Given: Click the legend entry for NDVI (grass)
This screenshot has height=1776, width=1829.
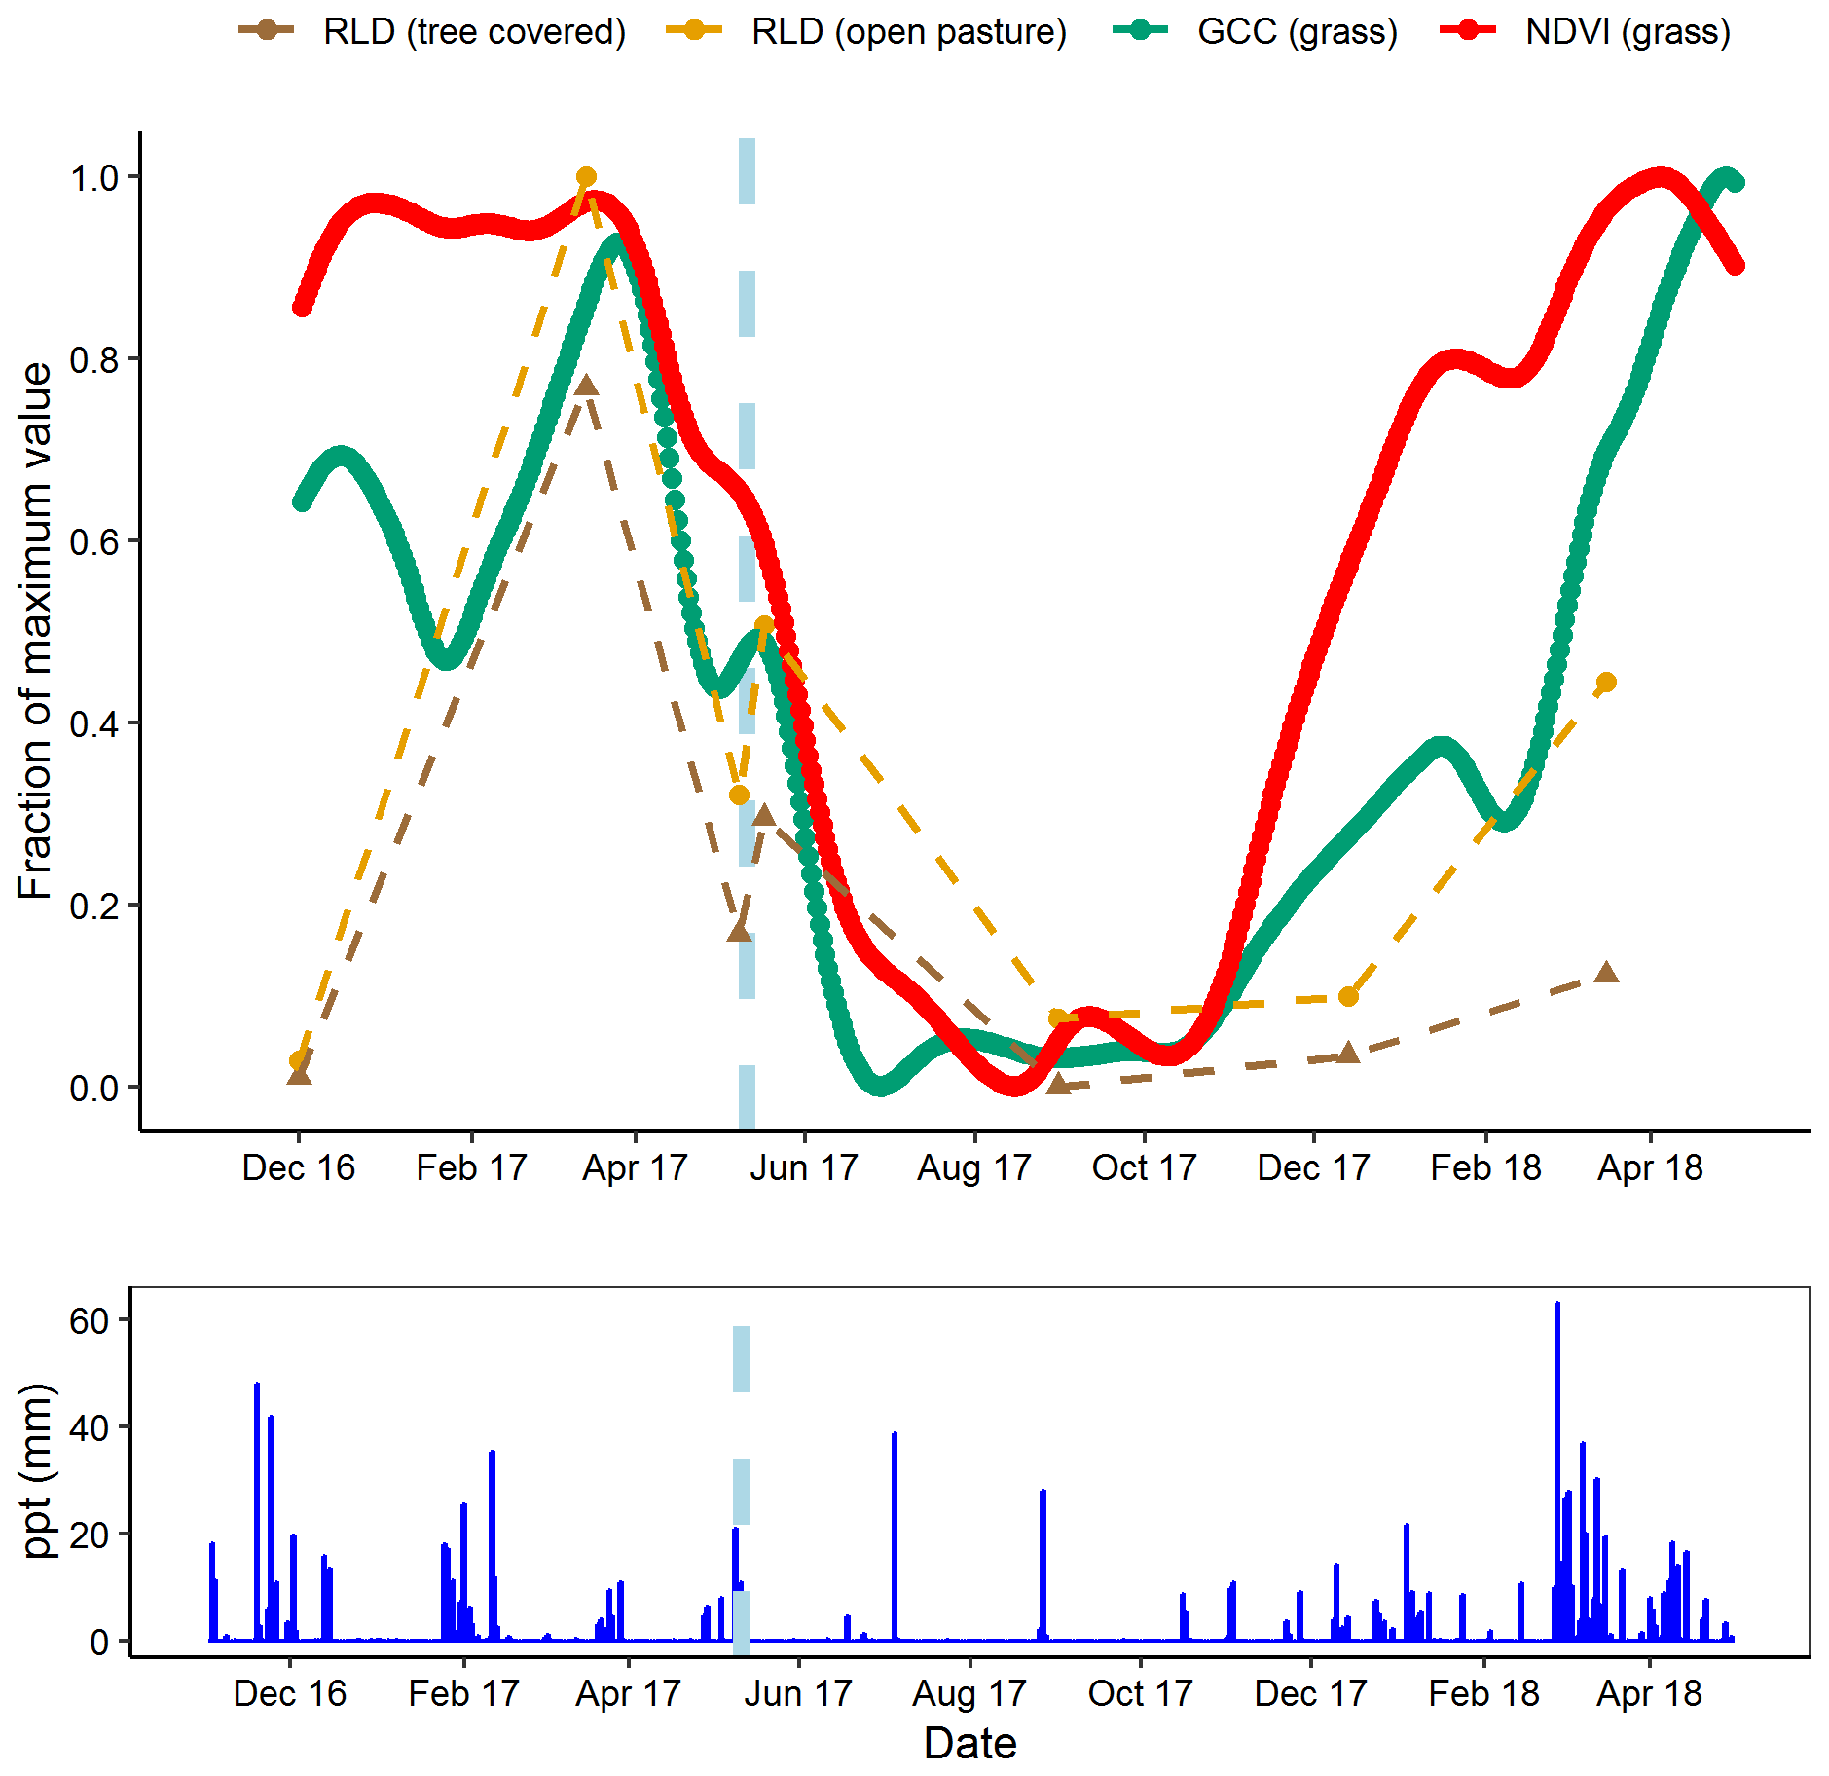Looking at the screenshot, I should (1627, 32).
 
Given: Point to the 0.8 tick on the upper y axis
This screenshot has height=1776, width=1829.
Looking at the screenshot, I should (93, 359).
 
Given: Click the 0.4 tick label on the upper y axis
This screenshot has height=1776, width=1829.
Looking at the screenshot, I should (93, 723).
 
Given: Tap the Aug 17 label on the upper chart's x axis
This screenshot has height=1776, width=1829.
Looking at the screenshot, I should (974, 1167).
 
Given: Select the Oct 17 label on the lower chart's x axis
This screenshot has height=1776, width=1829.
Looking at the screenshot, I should (1140, 1693).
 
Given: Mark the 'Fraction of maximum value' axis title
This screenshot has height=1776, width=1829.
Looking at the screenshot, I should (35, 631).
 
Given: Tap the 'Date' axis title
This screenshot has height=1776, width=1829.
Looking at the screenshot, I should (969, 1743).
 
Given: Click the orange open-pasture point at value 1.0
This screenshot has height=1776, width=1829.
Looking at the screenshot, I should (586, 177).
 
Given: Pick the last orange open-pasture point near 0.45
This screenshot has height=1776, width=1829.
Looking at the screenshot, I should (1606, 683).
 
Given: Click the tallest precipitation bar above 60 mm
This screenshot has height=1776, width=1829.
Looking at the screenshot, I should (1557, 1305).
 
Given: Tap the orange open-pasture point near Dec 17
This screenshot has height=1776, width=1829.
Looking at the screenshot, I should (1348, 996).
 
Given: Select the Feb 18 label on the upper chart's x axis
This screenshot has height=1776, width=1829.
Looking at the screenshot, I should (1485, 1167).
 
